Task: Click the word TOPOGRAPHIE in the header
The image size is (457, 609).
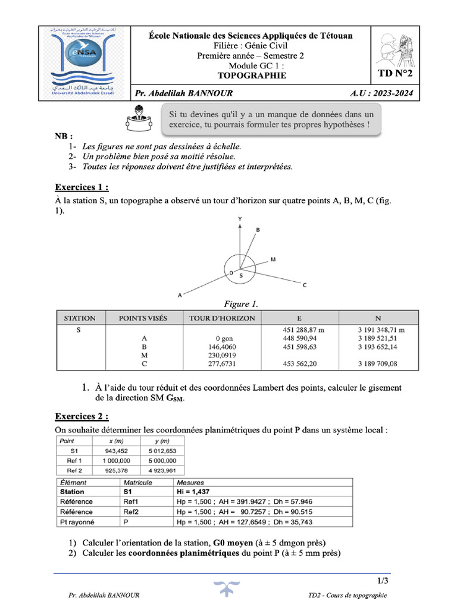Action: (x=251, y=76)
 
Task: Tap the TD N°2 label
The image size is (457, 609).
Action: (x=395, y=74)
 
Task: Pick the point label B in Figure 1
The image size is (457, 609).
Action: (x=258, y=229)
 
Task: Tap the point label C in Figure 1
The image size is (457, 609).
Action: (x=305, y=285)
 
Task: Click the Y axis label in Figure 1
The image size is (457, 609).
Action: (x=240, y=219)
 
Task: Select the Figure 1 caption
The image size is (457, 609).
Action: (x=240, y=304)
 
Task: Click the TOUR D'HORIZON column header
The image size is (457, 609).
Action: (x=222, y=318)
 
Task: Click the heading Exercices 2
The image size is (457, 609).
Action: (x=82, y=416)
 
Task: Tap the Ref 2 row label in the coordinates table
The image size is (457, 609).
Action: (x=68, y=470)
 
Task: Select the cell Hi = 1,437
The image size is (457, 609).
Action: (x=193, y=492)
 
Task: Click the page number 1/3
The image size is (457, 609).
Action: (x=382, y=580)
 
